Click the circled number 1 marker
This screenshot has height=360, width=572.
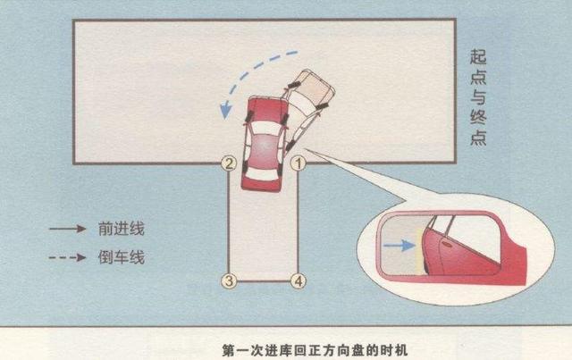[x=298, y=163]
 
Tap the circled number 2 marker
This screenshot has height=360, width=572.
[x=229, y=163]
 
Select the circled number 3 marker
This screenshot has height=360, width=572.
[x=229, y=280]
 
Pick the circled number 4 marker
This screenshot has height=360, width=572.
[x=298, y=280]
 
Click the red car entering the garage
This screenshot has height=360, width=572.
[x=264, y=144]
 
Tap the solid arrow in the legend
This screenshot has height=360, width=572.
[x=68, y=229]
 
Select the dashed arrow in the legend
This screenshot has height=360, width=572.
[x=68, y=257]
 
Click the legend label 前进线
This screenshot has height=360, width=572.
[x=122, y=229]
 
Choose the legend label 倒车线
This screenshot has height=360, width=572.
[x=122, y=257]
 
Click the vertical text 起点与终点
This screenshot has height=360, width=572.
[x=478, y=97]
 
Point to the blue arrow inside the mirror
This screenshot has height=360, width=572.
[x=400, y=245]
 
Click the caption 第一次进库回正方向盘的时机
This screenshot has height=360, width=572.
[x=315, y=350]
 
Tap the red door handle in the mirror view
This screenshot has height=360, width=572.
[x=445, y=243]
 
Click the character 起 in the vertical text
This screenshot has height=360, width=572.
[x=478, y=57]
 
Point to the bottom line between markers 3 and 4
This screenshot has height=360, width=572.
[x=264, y=281]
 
